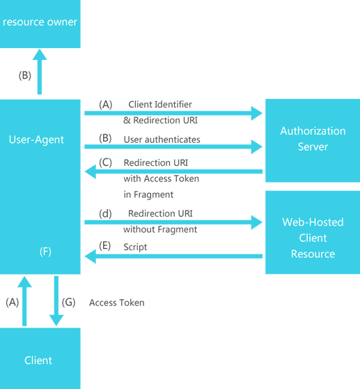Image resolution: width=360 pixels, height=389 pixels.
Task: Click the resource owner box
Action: coord(40,24)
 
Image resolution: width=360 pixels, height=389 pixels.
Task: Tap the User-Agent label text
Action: coord(36,139)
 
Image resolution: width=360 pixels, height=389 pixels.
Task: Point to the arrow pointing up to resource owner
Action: coord(40,73)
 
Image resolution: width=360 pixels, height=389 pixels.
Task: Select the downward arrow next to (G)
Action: coord(56,300)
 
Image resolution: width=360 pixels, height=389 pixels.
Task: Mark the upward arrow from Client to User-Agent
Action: coord(24,300)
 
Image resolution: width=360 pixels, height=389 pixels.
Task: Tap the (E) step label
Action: coord(105,247)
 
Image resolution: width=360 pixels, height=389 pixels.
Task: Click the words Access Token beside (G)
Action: coord(116,303)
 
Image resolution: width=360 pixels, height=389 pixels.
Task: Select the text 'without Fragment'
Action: coord(160,229)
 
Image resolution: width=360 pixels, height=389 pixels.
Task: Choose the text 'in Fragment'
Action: coord(148,194)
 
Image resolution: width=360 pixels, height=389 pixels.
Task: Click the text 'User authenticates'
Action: coord(162,139)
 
